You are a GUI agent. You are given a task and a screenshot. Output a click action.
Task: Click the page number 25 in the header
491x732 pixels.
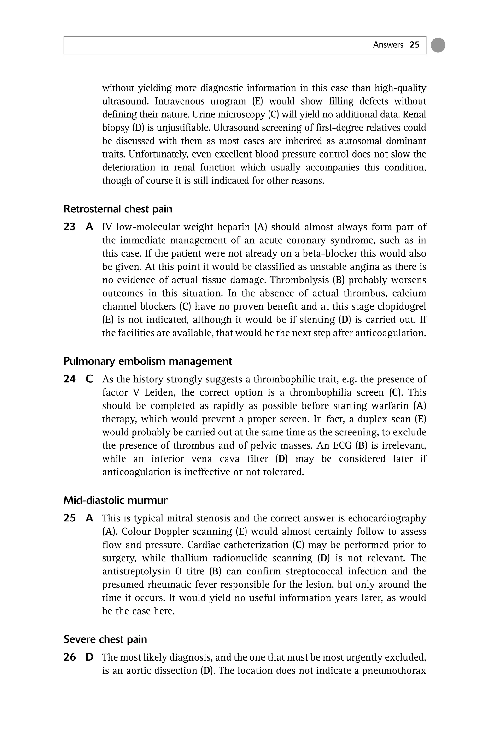click(x=414, y=45)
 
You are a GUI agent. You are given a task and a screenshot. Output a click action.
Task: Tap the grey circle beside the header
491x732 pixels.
click(x=438, y=45)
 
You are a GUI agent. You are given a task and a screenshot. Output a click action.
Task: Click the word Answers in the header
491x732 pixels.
click(x=388, y=45)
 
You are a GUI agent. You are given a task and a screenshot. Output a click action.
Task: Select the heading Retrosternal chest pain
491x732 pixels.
click(x=118, y=209)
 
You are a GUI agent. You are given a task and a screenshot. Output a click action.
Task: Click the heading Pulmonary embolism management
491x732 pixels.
click(x=147, y=361)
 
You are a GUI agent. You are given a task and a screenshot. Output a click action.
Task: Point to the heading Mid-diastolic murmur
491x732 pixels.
click(x=115, y=500)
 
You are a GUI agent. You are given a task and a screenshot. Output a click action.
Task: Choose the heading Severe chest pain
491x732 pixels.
click(x=105, y=639)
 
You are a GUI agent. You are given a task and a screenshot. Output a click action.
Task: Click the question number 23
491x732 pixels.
click(x=70, y=227)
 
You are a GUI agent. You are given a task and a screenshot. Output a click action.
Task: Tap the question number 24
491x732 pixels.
click(x=70, y=379)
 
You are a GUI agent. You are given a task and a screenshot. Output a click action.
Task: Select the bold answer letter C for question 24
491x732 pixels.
click(x=89, y=379)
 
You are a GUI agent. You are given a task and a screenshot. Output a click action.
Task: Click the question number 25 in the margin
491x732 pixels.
click(x=70, y=518)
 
